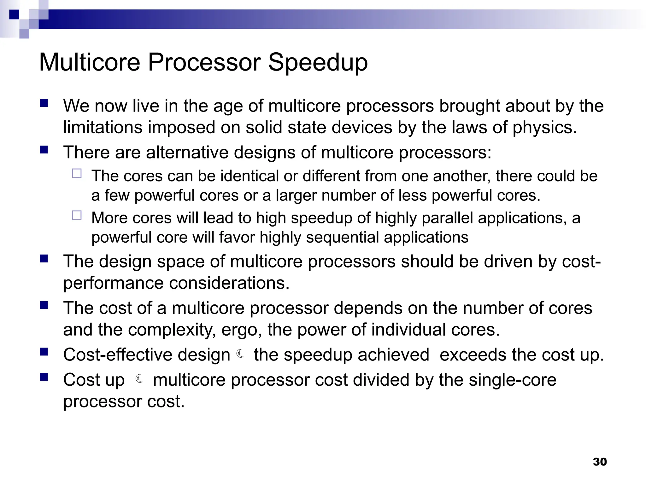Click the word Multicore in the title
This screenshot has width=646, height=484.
point(90,62)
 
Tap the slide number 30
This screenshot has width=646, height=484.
point(600,462)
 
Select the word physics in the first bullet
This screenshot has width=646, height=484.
point(544,128)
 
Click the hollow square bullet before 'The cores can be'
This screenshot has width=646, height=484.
point(77,173)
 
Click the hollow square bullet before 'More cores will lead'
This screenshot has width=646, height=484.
point(77,215)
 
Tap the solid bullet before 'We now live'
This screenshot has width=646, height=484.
point(44,103)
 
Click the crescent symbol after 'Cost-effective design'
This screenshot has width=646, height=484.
point(240,354)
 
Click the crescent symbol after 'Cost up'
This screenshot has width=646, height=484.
point(139,378)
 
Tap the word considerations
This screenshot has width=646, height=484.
point(229,283)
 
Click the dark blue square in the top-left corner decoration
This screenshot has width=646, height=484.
point(14,14)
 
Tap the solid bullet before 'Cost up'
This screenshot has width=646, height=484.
point(44,377)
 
